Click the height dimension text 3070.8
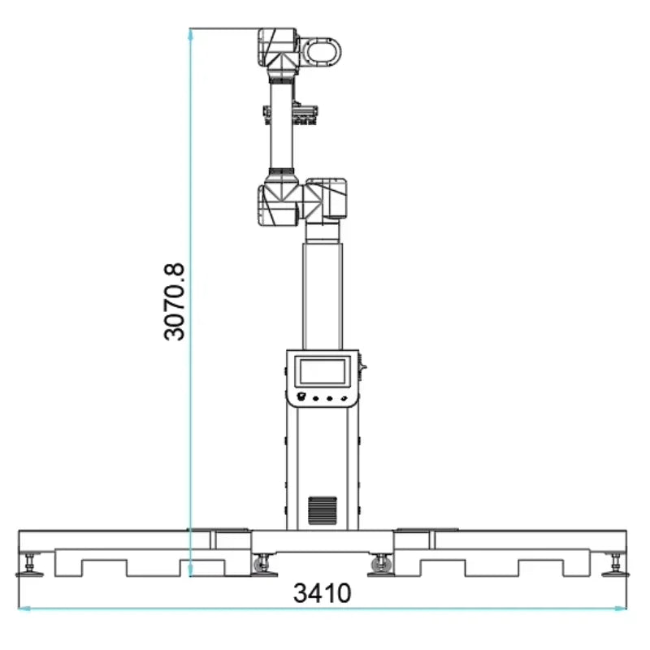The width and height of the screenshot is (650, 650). [174, 301]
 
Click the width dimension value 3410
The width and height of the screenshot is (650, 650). [323, 593]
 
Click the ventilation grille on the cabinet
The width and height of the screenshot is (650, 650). [322, 509]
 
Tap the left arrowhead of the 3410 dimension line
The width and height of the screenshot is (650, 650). [23, 608]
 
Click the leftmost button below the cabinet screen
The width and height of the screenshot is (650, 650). [302, 397]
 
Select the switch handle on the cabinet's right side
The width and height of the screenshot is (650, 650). [362, 370]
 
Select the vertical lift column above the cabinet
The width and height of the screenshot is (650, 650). [322, 292]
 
